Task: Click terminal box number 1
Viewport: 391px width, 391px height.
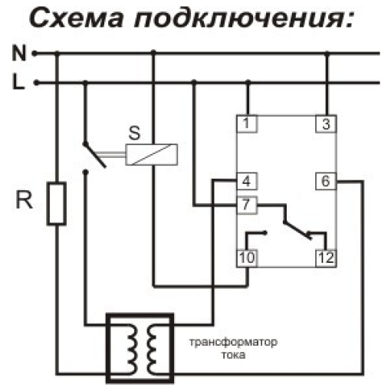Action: tap(247, 123)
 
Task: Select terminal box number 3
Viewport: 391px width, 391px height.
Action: tap(326, 124)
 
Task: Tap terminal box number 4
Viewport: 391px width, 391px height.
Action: tap(247, 181)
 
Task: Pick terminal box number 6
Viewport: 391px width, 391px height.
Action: tap(326, 181)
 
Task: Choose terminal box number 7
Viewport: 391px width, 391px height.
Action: tap(247, 205)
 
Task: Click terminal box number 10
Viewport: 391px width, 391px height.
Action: tap(247, 258)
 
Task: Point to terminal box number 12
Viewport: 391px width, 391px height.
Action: tap(326, 258)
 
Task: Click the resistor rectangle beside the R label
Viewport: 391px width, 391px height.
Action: tap(57, 204)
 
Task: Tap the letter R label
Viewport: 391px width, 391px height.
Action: tap(25, 200)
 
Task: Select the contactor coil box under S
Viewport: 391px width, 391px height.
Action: tap(151, 155)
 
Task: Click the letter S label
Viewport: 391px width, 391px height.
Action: tap(134, 133)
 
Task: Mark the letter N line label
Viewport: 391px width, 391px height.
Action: tap(19, 53)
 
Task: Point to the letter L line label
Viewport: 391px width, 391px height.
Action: tap(18, 81)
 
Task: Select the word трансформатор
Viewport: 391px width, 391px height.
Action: tap(233, 342)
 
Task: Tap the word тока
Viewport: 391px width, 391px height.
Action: tap(233, 355)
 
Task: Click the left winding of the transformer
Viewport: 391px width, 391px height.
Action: tap(133, 349)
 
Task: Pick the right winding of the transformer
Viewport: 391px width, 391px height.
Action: tap(151, 349)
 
